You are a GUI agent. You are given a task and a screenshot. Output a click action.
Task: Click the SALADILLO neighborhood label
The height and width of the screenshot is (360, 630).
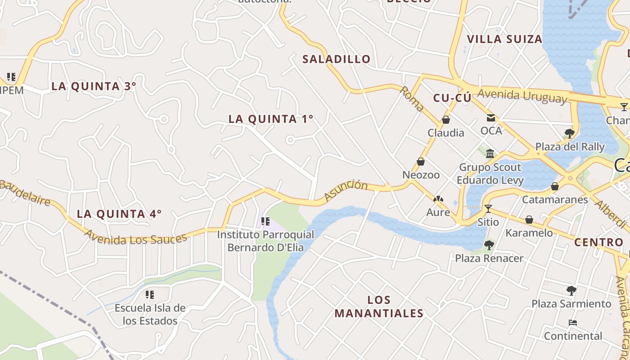tap(336, 59)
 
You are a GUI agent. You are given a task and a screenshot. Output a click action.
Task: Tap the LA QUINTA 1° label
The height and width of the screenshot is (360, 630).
tap(271, 119)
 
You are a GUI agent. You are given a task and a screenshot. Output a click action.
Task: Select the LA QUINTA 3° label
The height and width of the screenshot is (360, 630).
tap(94, 86)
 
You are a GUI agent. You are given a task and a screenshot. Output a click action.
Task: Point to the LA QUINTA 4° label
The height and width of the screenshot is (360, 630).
tap(119, 214)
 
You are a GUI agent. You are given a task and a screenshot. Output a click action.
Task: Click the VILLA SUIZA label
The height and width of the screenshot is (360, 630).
tap(504, 39)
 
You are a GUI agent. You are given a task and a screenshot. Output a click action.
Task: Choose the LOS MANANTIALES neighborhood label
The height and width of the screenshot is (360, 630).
tap(379, 306)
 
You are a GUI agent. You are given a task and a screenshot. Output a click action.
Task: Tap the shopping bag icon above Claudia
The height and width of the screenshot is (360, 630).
tap(446, 120)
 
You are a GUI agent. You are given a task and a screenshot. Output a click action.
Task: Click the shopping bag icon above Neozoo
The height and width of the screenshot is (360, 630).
tap(421, 162)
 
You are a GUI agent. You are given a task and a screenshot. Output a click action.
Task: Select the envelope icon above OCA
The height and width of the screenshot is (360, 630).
tap(490, 118)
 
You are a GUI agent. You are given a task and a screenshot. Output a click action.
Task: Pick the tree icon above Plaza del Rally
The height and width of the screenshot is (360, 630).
tap(569, 133)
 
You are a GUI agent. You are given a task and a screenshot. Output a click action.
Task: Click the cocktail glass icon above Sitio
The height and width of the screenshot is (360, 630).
tap(488, 209)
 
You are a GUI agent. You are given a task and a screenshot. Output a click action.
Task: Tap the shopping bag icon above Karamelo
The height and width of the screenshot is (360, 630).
tap(529, 220)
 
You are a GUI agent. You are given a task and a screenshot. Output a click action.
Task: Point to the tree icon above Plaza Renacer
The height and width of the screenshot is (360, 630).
tap(489, 245)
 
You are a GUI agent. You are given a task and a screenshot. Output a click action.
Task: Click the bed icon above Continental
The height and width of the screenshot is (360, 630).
tap(573, 323)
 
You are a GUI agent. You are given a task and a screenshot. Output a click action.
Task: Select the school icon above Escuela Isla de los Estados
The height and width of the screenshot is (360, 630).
tap(150, 295)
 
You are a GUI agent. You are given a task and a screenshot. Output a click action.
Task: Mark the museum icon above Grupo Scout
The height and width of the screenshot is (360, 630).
tap(490, 154)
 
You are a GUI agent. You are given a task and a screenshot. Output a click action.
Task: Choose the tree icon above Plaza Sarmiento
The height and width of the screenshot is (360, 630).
tap(571, 290)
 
